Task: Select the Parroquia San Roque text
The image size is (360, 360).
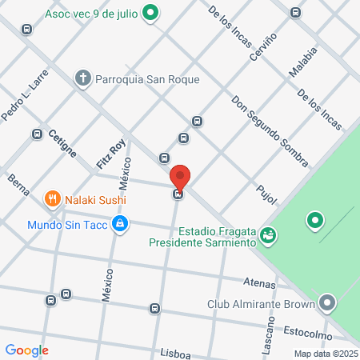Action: (147, 79)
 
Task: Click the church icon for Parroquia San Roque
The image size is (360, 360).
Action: (83, 78)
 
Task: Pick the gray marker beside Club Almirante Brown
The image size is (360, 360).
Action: (326, 303)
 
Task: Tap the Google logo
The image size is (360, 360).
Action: (26, 350)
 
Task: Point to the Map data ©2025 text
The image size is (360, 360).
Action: (325, 354)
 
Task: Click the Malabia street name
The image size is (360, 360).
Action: (304, 62)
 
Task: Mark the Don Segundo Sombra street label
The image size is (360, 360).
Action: (270, 132)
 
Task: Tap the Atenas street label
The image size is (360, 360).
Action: (260, 283)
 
